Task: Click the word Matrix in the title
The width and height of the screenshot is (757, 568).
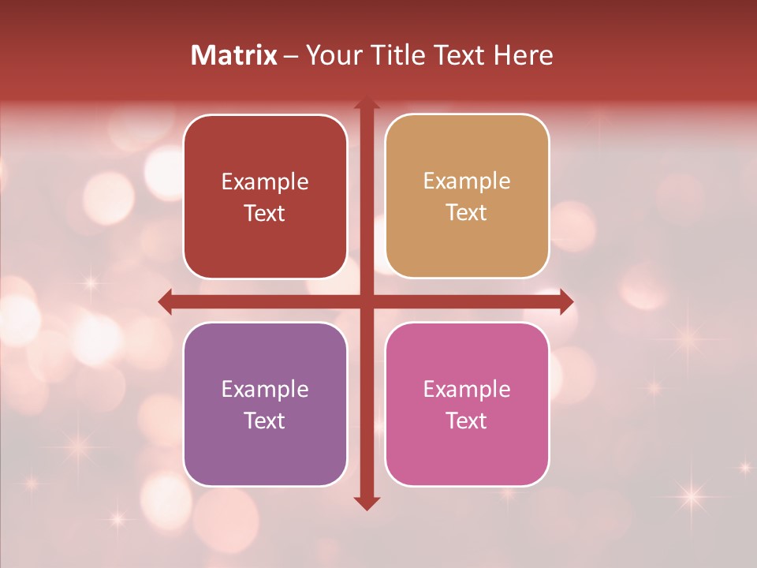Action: coord(234,55)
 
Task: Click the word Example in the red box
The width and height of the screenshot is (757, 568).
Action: coord(265,182)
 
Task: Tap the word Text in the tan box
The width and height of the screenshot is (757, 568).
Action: coord(467,212)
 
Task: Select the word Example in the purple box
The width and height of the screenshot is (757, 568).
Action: coord(265,389)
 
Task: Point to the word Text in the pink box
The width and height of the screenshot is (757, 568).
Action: coord(467,420)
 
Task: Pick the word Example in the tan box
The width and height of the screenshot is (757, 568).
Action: coord(467,181)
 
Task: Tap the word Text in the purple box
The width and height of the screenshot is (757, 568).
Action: coord(265,420)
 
